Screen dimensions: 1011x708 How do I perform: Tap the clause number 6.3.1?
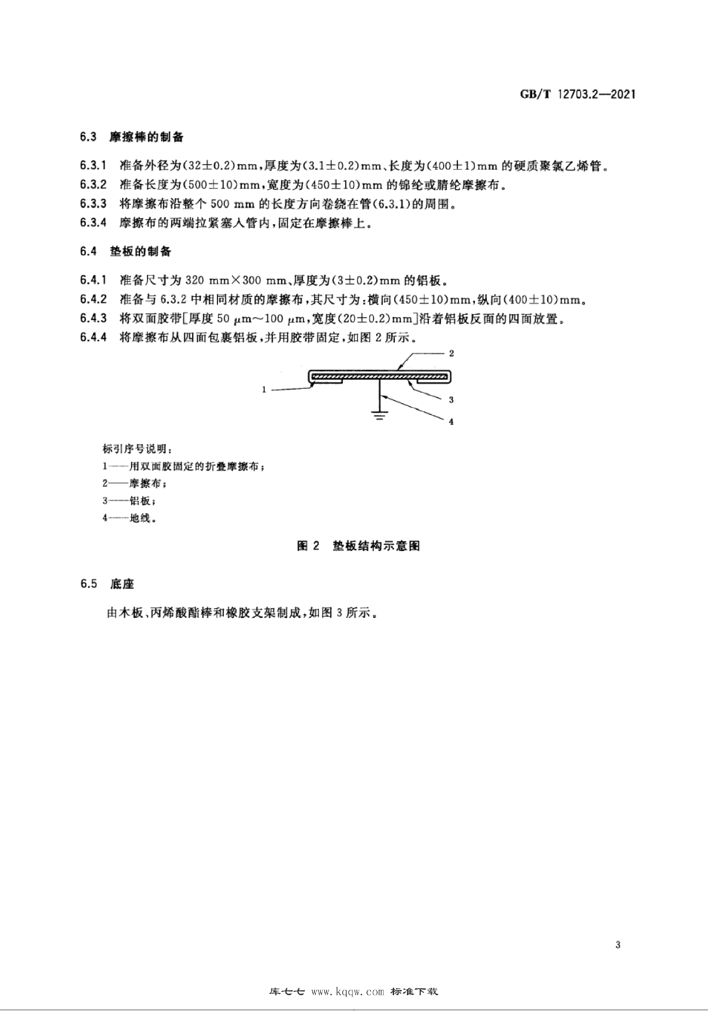(x=93, y=166)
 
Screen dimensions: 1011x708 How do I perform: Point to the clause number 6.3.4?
(x=93, y=223)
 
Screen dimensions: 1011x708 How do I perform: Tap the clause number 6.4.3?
(x=93, y=318)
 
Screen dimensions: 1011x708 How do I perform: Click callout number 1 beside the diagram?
(x=264, y=389)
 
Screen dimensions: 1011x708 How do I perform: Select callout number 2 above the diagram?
(x=451, y=353)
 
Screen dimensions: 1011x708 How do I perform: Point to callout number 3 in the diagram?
(x=451, y=400)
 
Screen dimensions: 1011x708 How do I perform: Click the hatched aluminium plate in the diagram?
(x=379, y=377)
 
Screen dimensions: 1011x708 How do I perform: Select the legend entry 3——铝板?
(x=129, y=501)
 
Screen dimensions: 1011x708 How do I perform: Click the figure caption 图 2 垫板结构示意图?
(x=358, y=546)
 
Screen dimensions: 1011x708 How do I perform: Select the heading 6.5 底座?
(x=107, y=584)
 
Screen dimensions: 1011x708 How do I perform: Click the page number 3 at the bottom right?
(x=618, y=945)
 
